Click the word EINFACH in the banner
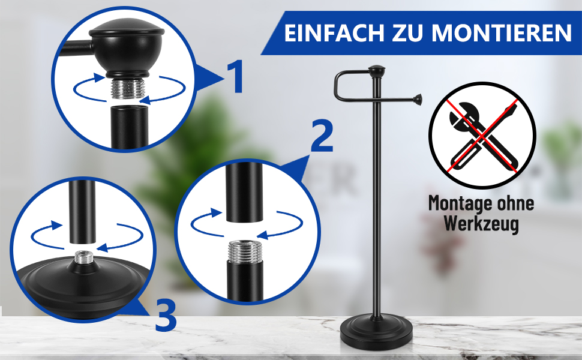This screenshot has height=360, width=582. click(x=334, y=33)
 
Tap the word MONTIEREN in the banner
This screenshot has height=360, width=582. click(x=502, y=33)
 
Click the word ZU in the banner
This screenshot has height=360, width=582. click(x=408, y=33)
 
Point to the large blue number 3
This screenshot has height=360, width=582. click(x=166, y=316)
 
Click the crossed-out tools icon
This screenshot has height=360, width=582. click(x=482, y=135)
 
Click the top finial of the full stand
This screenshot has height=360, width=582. click(x=376, y=71)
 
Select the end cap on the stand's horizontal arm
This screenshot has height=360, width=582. click(x=418, y=100)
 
